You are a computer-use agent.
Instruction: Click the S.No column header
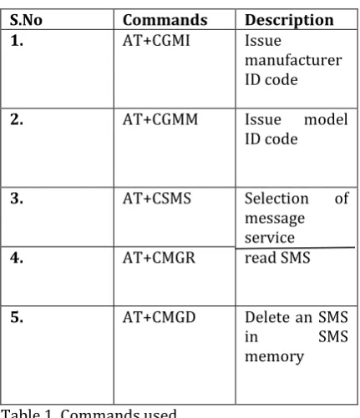(x=26, y=20)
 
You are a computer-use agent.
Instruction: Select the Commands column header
(x=165, y=20)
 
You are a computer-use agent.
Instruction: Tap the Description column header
(x=289, y=21)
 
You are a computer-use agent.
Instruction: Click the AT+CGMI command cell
(x=156, y=41)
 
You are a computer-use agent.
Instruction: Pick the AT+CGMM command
(x=160, y=119)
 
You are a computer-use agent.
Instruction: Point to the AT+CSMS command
(x=157, y=199)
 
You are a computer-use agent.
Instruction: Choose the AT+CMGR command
(x=159, y=258)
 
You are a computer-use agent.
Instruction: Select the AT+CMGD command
(x=159, y=317)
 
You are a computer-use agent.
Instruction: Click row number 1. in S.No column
(x=17, y=41)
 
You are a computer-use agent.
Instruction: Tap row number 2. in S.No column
(x=17, y=119)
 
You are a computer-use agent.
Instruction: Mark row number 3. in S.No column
(x=17, y=199)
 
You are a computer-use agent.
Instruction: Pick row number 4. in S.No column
(x=17, y=258)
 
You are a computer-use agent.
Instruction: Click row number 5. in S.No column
(x=17, y=317)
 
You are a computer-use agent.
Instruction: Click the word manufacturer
(x=293, y=60)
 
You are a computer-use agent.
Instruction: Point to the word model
(x=326, y=119)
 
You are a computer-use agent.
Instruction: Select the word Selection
(x=276, y=199)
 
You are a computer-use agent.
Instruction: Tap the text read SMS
(x=277, y=258)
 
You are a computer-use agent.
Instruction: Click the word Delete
(x=266, y=317)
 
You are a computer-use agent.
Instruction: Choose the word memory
(x=274, y=357)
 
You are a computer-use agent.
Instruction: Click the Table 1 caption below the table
(x=89, y=413)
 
